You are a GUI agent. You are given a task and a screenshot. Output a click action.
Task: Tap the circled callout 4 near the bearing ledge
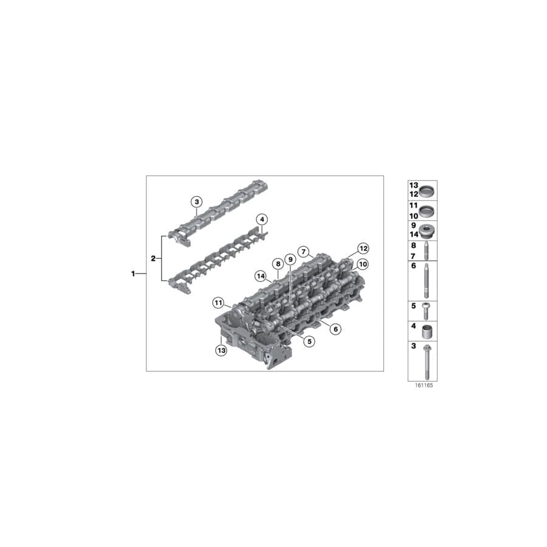pyautogui.click(x=261, y=219)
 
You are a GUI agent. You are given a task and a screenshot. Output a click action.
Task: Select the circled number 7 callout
pyautogui.click(x=302, y=252)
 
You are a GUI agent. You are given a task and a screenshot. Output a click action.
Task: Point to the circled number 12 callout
pyautogui.click(x=363, y=248)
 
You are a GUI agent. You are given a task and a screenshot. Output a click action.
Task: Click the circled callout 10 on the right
pyautogui.click(x=363, y=264)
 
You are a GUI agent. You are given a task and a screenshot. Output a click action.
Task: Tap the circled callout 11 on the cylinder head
pyautogui.click(x=218, y=303)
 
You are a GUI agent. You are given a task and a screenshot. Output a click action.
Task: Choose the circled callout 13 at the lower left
pyautogui.click(x=221, y=351)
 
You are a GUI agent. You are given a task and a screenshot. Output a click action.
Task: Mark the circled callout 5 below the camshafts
pyautogui.click(x=309, y=342)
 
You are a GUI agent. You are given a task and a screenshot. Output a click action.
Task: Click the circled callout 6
pyautogui.click(x=335, y=329)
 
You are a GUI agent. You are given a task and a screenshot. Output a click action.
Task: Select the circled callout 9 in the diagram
pyautogui.click(x=289, y=260)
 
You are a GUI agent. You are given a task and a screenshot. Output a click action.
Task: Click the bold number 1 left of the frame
pyautogui.click(x=133, y=274)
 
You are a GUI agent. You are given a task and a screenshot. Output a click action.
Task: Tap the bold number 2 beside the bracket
pyautogui.click(x=153, y=258)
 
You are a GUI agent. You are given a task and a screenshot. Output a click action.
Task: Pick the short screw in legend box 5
pyautogui.click(x=427, y=309)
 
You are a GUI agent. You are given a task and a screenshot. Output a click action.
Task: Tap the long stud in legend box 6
pyautogui.click(x=427, y=280)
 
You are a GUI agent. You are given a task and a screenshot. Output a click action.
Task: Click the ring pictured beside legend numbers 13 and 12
pyautogui.click(x=427, y=190)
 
